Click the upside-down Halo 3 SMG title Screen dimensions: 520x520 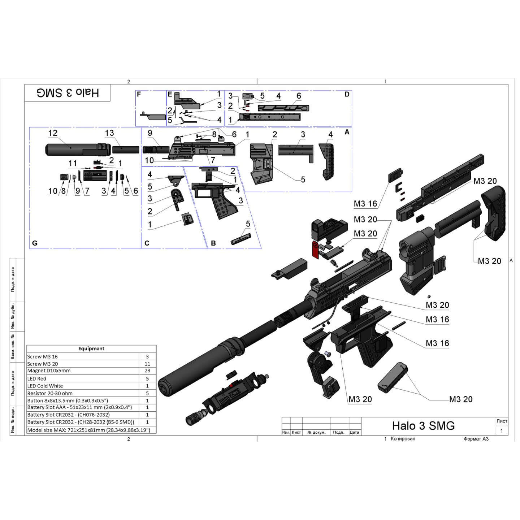[x=68, y=93]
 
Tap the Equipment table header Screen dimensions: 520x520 [x=91, y=349]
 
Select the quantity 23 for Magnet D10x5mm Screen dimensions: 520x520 [x=147, y=371]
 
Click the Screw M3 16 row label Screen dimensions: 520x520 [x=43, y=357]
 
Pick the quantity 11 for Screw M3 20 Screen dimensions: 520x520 [x=147, y=364]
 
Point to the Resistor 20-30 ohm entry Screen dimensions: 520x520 [x=50, y=393]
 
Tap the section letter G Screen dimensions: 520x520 [x=35, y=243]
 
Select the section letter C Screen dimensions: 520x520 [x=147, y=243]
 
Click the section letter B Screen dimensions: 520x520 [x=213, y=243]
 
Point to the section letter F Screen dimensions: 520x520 [x=139, y=94]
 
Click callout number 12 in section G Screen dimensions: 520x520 [x=53, y=133]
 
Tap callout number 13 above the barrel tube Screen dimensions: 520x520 [x=109, y=133]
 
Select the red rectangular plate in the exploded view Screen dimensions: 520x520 [x=316, y=251]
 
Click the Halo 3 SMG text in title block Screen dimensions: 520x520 [x=423, y=426]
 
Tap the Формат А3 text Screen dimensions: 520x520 [x=476, y=439]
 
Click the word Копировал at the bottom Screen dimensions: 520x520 [x=403, y=439]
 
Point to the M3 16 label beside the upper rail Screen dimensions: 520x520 [x=365, y=204]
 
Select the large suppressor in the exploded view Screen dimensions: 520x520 [x=202, y=368]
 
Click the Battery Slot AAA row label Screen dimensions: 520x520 [x=79, y=407]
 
